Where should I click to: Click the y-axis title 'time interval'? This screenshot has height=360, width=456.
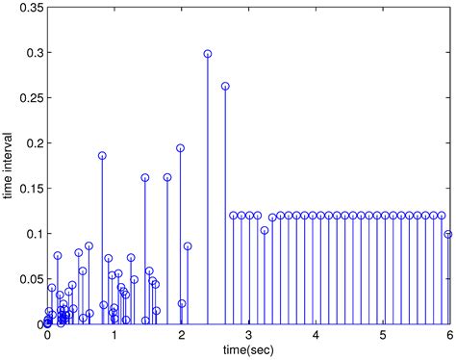9,164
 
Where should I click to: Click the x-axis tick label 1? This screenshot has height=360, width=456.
114,335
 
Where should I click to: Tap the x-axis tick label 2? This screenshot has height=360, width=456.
182,335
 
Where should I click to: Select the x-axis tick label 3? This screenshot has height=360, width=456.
248,335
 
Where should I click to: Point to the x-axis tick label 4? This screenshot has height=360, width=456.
316,335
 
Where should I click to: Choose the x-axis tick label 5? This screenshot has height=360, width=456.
383,335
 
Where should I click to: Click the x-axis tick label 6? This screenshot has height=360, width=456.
449,335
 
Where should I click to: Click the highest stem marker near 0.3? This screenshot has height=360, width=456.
208,54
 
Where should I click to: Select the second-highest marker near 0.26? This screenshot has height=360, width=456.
225,87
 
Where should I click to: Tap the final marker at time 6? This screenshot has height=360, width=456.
448,234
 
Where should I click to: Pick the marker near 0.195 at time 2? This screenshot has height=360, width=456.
180,148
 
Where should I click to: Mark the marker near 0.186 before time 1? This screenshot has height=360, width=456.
102,156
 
